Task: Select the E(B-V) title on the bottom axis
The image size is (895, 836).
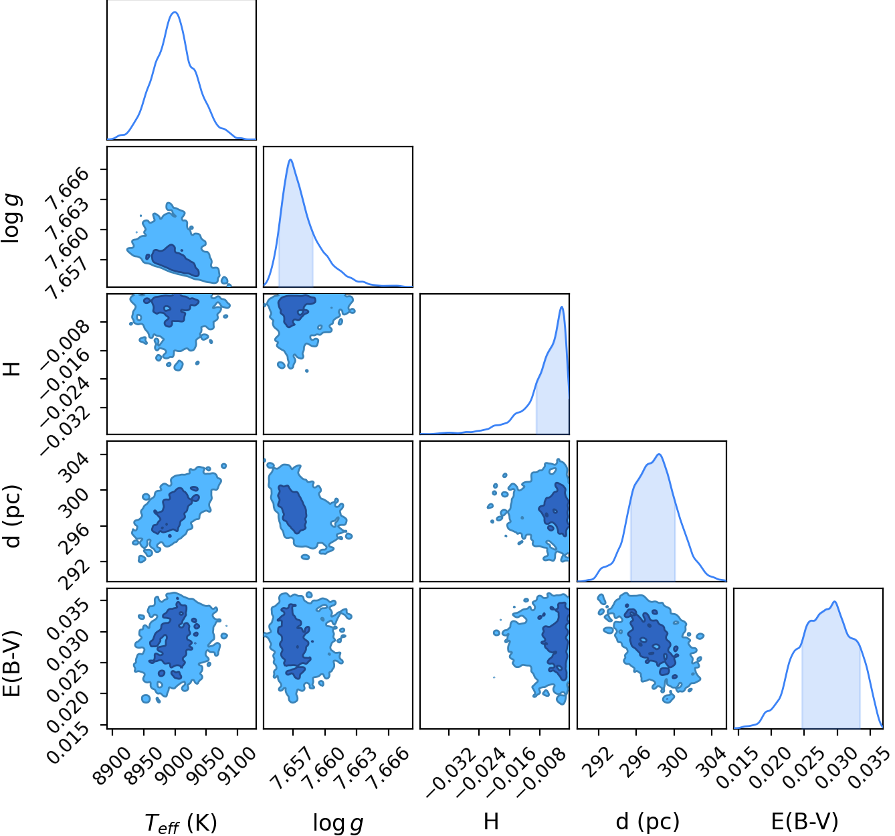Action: [805, 821]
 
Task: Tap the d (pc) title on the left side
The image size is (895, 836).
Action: [13, 517]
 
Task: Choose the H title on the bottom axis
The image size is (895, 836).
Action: [491, 821]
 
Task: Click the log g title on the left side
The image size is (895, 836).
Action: [11, 219]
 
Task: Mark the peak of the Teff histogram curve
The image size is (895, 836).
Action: [175, 12]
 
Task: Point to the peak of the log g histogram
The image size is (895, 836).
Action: [291, 159]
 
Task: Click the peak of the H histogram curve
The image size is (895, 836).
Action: [561, 307]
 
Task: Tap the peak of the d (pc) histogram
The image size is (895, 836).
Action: [660, 454]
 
